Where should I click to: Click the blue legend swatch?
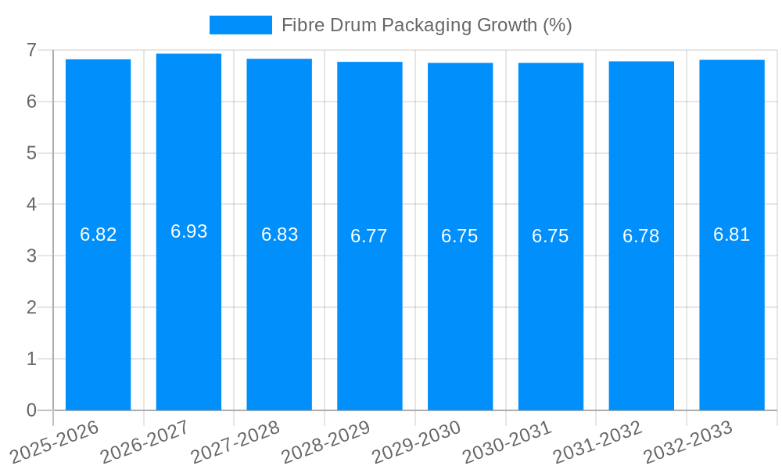click(x=240, y=25)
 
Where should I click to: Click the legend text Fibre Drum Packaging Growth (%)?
click(x=426, y=25)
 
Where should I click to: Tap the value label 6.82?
click(x=99, y=234)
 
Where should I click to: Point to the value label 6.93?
click(x=188, y=231)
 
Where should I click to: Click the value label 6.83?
click(x=279, y=234)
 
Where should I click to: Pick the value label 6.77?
click(x=369, y=236)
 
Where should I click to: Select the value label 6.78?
click(x=641, y=236)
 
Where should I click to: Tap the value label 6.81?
click(x=731, y=234)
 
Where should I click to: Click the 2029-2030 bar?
click(x=460, y=313)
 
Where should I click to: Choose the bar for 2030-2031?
click(x=551, y=313)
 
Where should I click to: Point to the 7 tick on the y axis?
click(x=31, y=50)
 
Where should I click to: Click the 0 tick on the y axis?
click(x=31, y=410)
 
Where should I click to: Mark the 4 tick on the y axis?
click(x=31, y=205)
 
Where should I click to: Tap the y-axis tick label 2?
click(x=31, y=307)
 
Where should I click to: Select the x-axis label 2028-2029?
click(x=325, y=442)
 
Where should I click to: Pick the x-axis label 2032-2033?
click(x=687, y=442)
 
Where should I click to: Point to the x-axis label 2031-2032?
click(x=597, y=442)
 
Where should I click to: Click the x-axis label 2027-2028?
click(x=235, y=442)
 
